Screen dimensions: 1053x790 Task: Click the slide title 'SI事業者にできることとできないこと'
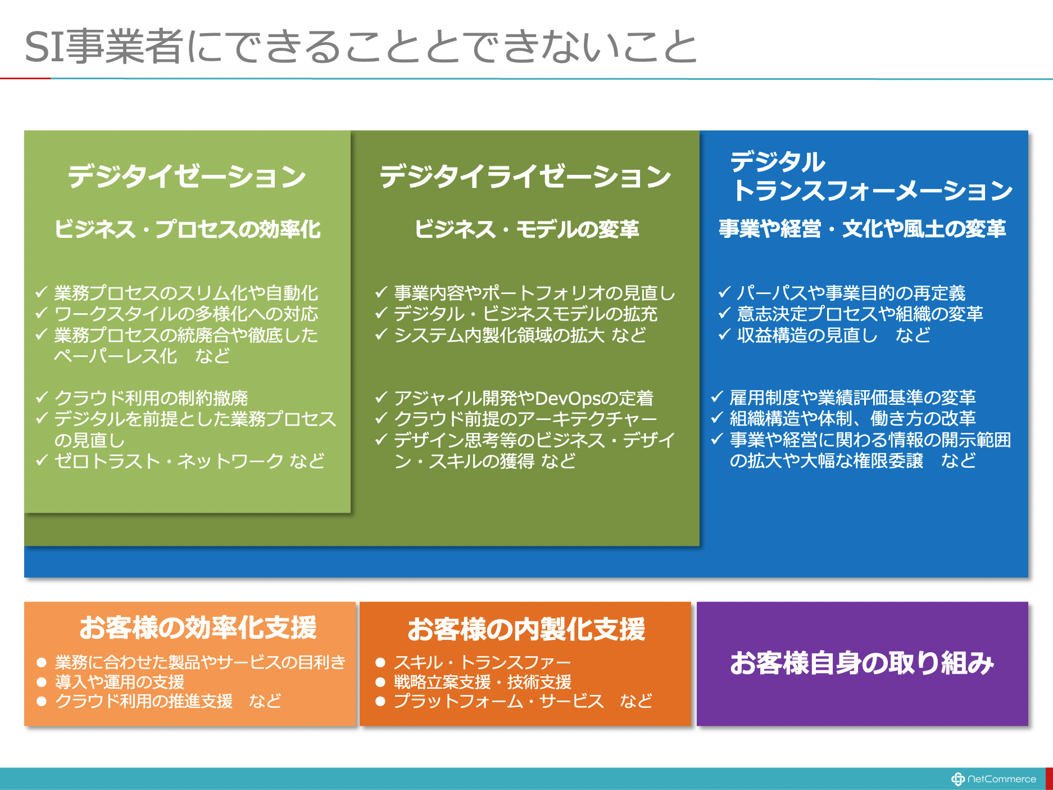point(361,46)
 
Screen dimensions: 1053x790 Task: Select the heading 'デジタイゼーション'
point(187,176)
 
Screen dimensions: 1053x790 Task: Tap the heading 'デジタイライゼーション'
point(525,176)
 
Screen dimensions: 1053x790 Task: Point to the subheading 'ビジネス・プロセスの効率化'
point(188,229)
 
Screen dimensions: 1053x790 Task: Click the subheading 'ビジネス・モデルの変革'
point(526,229)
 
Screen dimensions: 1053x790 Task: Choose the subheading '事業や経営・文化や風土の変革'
point(863,228)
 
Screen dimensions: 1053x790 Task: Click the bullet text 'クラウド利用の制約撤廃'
point(151,398)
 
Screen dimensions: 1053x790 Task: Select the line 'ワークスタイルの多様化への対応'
point(186,313)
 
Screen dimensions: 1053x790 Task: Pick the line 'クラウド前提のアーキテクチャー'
point(525,419)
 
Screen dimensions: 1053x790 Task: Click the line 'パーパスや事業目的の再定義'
point(851,292)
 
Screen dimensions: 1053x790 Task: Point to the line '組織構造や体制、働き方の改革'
point(852,418)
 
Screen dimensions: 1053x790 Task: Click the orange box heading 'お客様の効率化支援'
point(198,628)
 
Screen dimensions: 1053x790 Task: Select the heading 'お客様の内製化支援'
point(526,629)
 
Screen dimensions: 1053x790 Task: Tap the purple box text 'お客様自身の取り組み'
point(862,663)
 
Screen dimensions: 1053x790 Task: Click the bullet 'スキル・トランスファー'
point(482,662)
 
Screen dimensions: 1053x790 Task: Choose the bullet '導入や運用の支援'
point(120,681)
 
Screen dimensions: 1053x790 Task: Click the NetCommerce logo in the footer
point(993,779)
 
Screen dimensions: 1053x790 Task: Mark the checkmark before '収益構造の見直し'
point(724,335)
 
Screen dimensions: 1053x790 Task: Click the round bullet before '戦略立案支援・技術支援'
point(380,682)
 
